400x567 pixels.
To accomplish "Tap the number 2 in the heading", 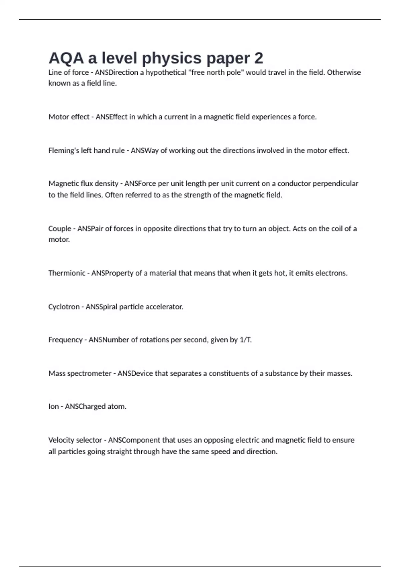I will tap(259, 58).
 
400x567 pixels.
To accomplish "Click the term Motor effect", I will tap(69, 117).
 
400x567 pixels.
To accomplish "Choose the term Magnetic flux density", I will tap(83, 183).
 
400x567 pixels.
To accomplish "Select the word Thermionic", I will tap(67, 273).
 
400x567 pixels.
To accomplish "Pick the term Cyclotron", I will tap(64, 307).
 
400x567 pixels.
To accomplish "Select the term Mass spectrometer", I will tap(80, 373).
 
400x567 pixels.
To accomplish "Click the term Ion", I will tap(53, 406).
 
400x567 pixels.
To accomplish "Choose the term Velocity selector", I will tap(75, 440).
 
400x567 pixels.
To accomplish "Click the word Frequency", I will tap(65, 340).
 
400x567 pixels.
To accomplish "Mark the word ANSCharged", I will tap(80, 406).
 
